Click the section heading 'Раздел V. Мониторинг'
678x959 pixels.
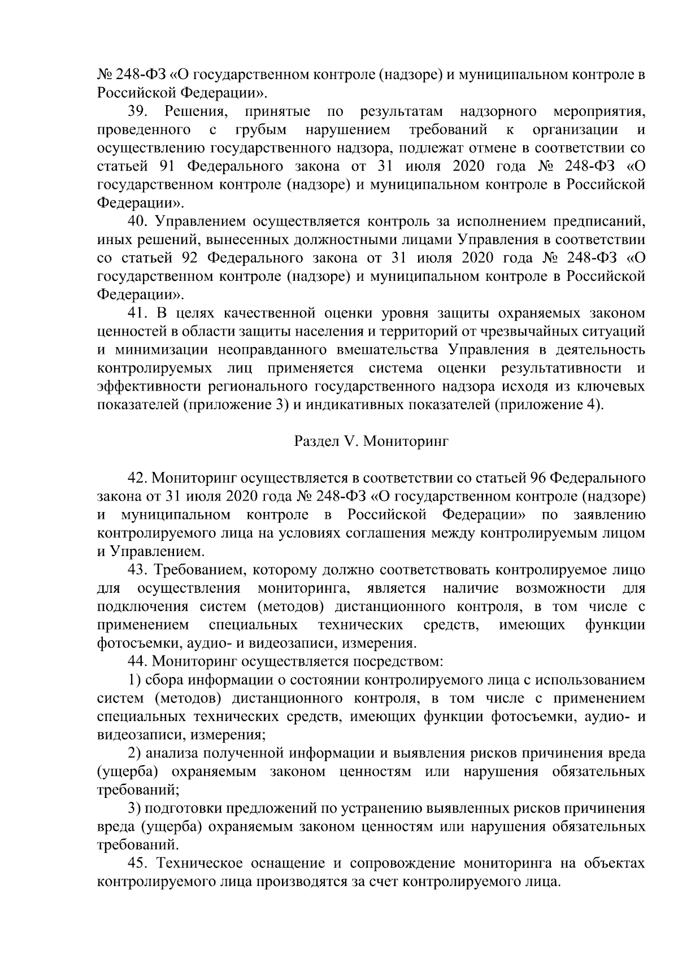pos(371,441)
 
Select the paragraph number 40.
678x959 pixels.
pos(137,222)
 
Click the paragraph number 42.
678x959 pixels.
pos(137,478)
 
